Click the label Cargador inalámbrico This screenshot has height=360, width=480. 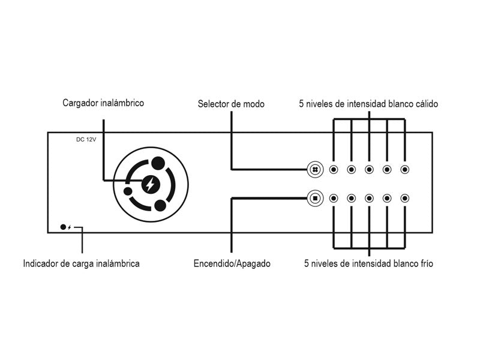click(x=103, y=103)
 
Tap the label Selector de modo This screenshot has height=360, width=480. click(x=231, y=104)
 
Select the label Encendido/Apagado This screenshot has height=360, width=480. click(x=232, y=263)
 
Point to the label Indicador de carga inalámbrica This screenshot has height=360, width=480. click(x=81, y=263)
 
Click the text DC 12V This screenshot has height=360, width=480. click(x=86, y=140)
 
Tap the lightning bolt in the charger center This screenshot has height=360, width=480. click(x=150, y=184)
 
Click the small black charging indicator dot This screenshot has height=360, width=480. click(x=63, y=227)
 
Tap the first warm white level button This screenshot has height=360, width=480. click(x=334, y=170)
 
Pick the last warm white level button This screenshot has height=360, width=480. click(x=405, y=170)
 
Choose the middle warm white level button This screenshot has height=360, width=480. click(x=369, y=170)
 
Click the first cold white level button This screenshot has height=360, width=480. click(x=334, y=197)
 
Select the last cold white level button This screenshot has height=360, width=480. click(x=405, y=197)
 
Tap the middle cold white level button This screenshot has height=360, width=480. click(x=369, y=197)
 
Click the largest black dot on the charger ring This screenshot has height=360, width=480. click(x=158, y=163)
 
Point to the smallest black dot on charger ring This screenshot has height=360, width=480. click(x=128, y=191)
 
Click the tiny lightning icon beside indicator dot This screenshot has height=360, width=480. click(x=70, y=227)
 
